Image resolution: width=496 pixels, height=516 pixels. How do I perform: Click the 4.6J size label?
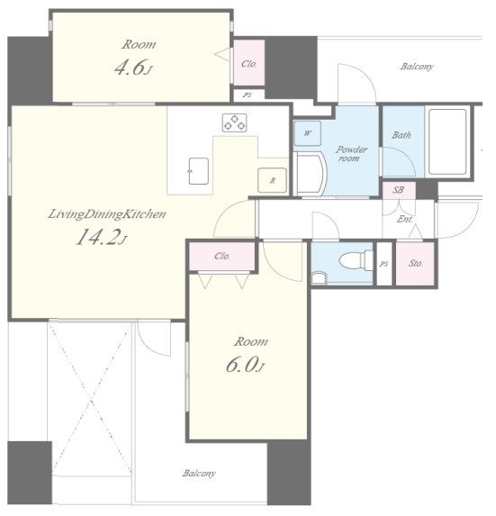click(x=133, y=68)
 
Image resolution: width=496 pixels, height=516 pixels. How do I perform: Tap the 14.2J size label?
click(x=101, y=237)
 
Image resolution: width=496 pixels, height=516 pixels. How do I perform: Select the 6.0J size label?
click(x=245, y=365)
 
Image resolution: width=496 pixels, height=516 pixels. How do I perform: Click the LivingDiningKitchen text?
click(x=107, y=214)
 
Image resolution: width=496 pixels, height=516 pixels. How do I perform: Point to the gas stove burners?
click(x=235, y=122)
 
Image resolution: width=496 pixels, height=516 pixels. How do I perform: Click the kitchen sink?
click(x=199, y=171)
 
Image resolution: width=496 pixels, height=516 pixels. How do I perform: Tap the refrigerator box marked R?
click(x=273, y=180)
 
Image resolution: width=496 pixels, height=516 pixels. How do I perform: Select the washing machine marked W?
click(x=307, y=133)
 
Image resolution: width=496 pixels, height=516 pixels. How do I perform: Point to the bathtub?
click(x=447, y=141)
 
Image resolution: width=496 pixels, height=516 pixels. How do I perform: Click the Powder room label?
click(x=351, y=154)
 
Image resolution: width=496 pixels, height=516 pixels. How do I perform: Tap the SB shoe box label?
click(x=399, y=190)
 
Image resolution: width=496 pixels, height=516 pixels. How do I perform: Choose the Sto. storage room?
click(x=415, y=263)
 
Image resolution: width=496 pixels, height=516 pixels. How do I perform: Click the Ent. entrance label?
click(x=404, y=219)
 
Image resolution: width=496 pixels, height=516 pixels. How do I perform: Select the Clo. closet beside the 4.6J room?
click(x=249, y=63)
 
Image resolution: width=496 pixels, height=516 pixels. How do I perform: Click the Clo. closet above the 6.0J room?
click(x=222, y=257)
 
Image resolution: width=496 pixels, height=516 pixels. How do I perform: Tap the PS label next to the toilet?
click(x=383, y=264)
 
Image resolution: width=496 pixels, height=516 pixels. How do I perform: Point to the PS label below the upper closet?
click(x=248, y=95)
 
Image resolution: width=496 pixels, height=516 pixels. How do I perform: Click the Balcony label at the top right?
click(x=417, y=67)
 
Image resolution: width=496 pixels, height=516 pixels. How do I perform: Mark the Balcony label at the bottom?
click(x=199, y=473)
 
